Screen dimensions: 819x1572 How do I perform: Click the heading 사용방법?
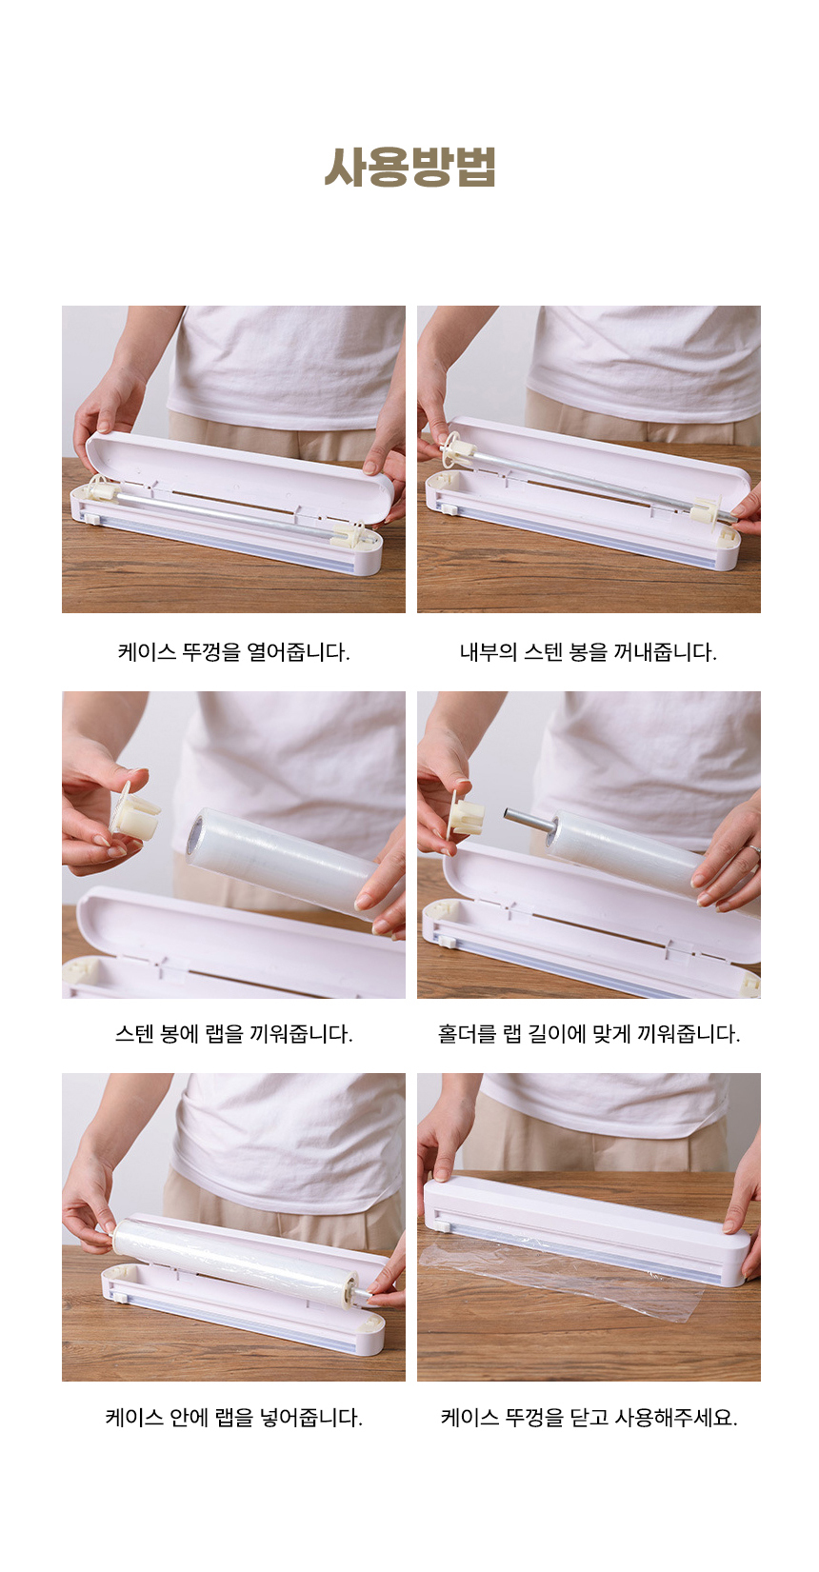[409, 167]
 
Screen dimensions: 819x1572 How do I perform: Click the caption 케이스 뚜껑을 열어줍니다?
[233, 652]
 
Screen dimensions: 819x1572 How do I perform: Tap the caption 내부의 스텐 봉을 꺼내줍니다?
[589, 652]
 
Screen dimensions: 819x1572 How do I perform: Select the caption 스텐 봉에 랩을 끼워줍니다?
[233, 1034]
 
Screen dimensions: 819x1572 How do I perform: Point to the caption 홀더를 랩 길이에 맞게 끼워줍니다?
[589, 1034]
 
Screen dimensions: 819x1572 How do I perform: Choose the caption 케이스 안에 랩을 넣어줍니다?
[233, 1418]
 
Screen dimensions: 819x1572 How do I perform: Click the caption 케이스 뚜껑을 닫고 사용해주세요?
[589, 1418]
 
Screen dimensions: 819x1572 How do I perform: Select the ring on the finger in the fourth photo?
[752, 852]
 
